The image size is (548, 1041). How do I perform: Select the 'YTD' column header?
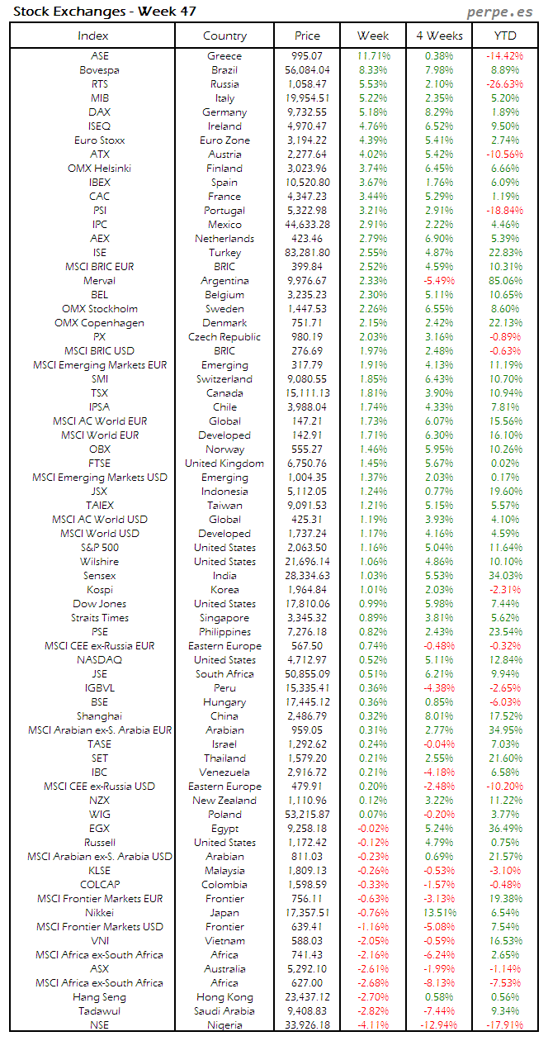coord(505,36)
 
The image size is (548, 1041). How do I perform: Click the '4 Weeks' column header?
coord(438,36)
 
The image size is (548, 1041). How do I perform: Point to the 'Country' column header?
coord(224,36)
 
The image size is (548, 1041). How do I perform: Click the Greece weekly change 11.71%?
coord(373,56)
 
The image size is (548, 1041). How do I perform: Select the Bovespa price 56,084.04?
coord(306,70)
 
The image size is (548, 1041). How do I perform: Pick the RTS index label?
coord(99,84)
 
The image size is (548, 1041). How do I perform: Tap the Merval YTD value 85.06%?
coord(505,281)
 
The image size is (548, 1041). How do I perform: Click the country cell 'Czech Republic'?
coord(224,337)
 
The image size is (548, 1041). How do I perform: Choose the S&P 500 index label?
coord(99,548)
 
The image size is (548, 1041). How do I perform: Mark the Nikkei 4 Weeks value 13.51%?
coord(438,913)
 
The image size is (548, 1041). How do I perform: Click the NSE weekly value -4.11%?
coord(373,1025)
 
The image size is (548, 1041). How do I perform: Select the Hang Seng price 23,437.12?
coord(306,997)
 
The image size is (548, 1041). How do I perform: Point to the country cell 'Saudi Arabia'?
coord(224,1011)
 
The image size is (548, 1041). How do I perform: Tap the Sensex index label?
coord(99,576)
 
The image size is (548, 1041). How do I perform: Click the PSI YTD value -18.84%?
coord(505,211)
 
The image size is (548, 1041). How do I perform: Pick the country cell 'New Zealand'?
coord(224,801)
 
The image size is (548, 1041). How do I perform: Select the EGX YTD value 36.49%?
coord(505,829)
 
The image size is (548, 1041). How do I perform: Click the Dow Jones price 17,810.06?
coord(306,604)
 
